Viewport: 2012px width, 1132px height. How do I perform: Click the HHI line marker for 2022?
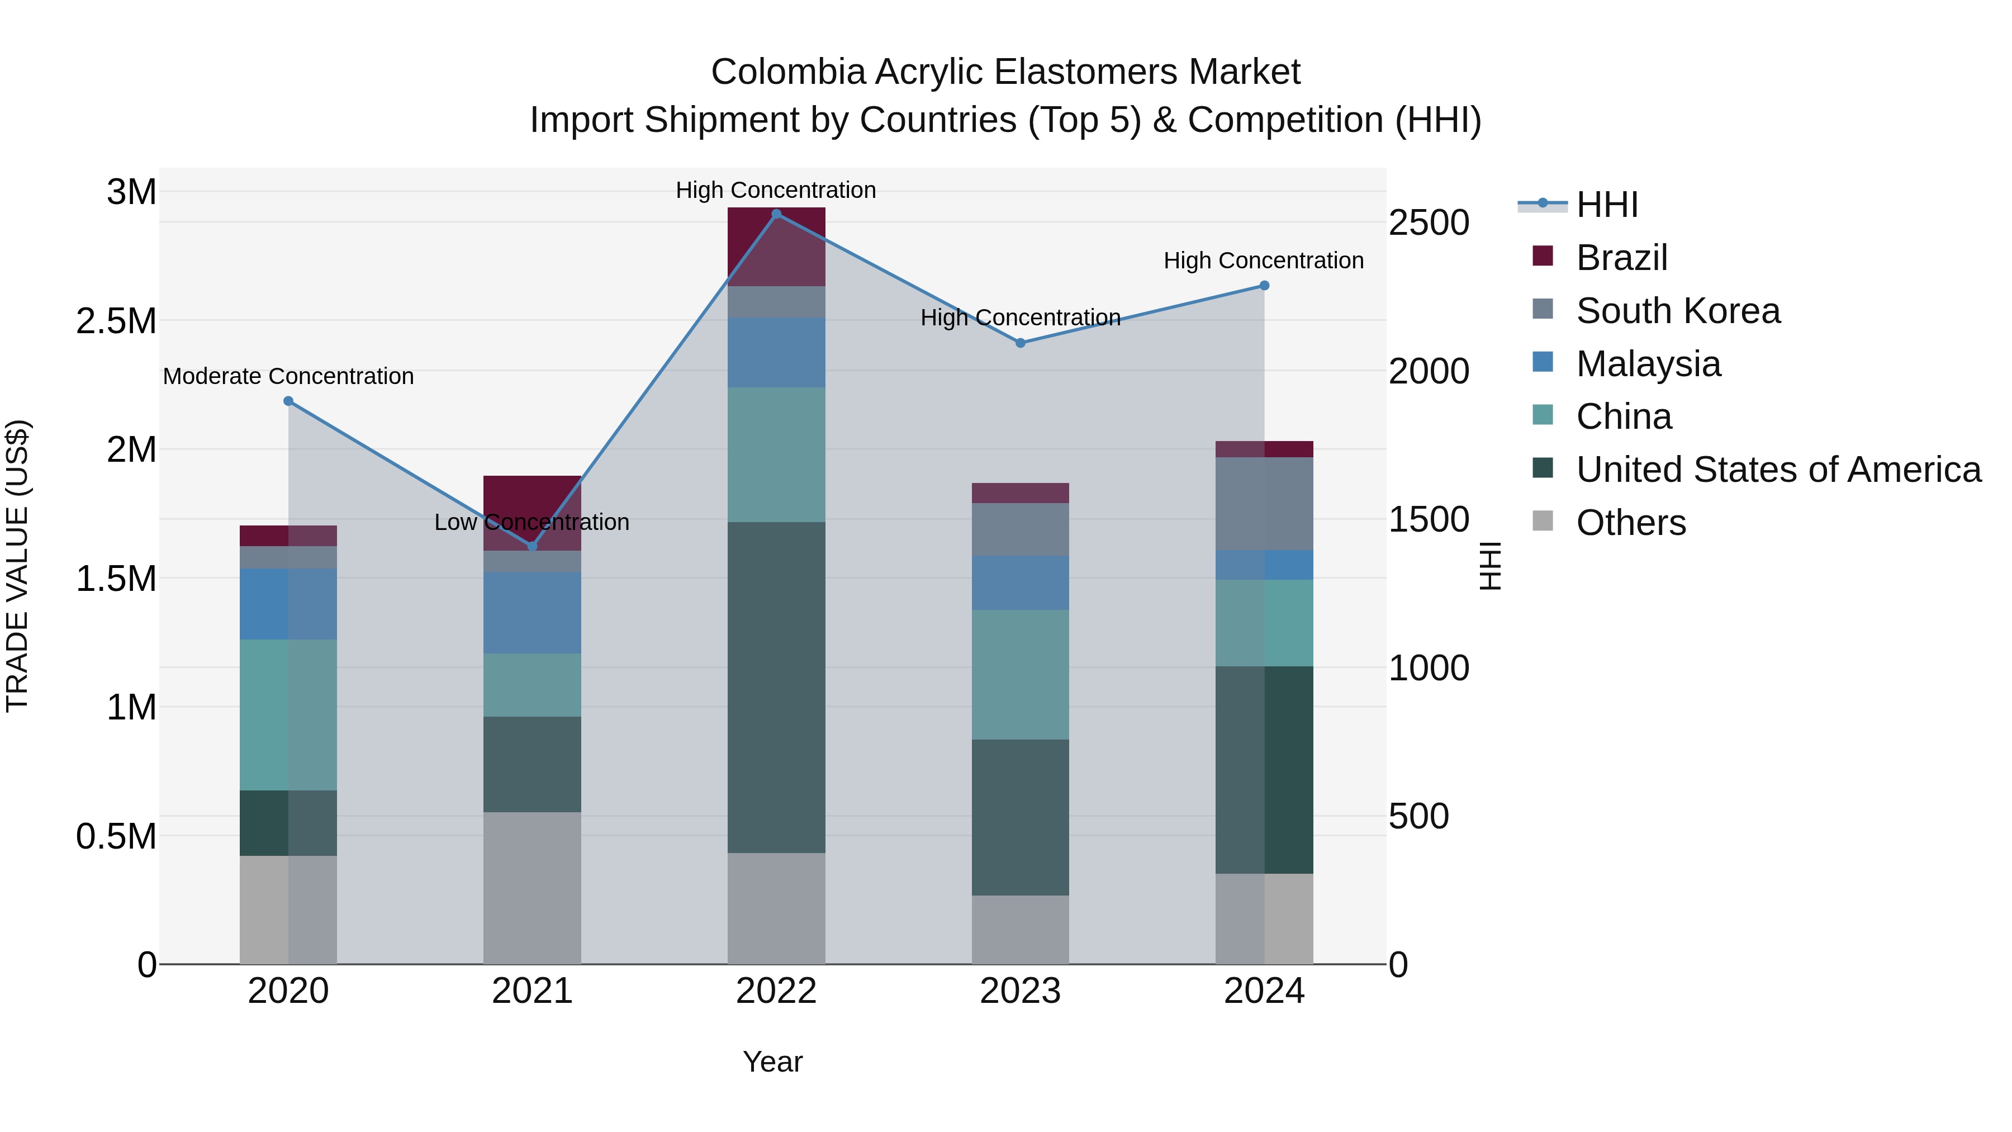(776, 214)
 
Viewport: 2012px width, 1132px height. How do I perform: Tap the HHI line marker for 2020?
(288, 401)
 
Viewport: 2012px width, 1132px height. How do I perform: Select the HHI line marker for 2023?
(1020, 343)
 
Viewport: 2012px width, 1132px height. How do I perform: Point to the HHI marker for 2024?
(1265, 286)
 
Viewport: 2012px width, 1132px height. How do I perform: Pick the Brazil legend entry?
(1621, 258)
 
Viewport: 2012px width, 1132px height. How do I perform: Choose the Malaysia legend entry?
(1648, 364)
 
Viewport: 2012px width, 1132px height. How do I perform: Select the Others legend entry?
(1631, 523)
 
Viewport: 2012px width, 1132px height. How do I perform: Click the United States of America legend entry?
(1778, 470)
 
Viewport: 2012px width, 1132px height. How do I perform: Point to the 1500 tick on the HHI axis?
(1429, 519)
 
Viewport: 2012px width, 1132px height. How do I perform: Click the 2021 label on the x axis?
(532, 991)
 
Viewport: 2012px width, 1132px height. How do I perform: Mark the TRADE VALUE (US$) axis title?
(17, 566)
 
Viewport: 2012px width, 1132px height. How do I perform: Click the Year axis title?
(772, 1062)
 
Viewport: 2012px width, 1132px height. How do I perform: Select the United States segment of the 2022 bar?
(776, 688)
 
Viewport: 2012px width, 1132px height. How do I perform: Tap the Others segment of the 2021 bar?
(532, 888)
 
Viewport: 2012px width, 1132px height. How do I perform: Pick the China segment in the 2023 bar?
(1020, 674)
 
